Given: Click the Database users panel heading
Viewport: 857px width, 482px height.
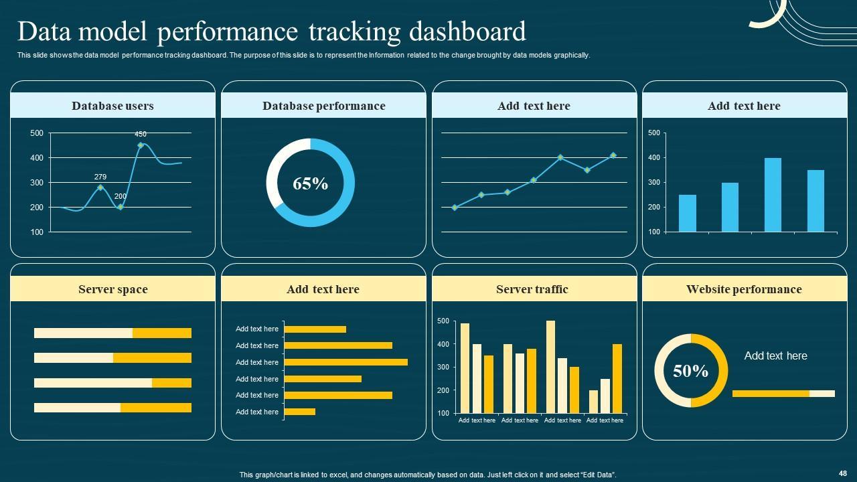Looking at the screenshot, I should pyautogui.click(x=112, y=106).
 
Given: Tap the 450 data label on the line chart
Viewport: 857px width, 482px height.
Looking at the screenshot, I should pyautogui.click(x=141, y=135).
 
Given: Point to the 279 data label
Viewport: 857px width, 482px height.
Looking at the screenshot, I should pyautogui.click(x=100, y=177).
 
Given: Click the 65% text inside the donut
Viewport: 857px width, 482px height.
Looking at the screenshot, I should pyautogui.click(x=310, y=183).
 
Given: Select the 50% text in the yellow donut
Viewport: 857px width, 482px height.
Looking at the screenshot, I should pyautogui.click(x=690, y=371).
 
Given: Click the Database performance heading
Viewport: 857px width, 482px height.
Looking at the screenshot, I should pyautogui.click(x=323, y=106).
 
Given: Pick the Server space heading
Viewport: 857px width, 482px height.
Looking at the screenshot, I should pyautogui.click(x=112, y=289).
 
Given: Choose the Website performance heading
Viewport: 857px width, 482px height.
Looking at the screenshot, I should pyautogui.click(x=743, y=289).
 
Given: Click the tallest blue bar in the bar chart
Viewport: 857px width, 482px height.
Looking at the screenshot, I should pyautogui.click(x=773, y=195).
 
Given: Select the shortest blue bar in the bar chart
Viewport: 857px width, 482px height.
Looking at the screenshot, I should pyautogui.click(x=687, y=213).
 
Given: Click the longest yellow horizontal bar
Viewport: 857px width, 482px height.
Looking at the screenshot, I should pyautogui.click(x=345, y=362).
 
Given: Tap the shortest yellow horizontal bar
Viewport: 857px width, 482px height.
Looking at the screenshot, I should pyautogui.click(x=299, y=412).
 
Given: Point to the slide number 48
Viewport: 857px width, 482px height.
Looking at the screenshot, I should pyautogui.click(x=842, y=473).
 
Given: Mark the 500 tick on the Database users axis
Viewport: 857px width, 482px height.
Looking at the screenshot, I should pyautogui.click(x=37, y=133).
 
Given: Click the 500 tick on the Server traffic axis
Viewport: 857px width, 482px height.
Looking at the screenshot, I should pyautogui.click(x=443, y=321).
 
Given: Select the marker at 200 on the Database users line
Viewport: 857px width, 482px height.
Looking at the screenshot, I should pyautogui.click(x=121, y=207).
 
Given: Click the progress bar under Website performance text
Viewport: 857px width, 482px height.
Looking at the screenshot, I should pyautogui.click(x=783, y=394).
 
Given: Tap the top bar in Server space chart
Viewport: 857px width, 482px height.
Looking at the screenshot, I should pyautogui.click(x=112, y=333).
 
